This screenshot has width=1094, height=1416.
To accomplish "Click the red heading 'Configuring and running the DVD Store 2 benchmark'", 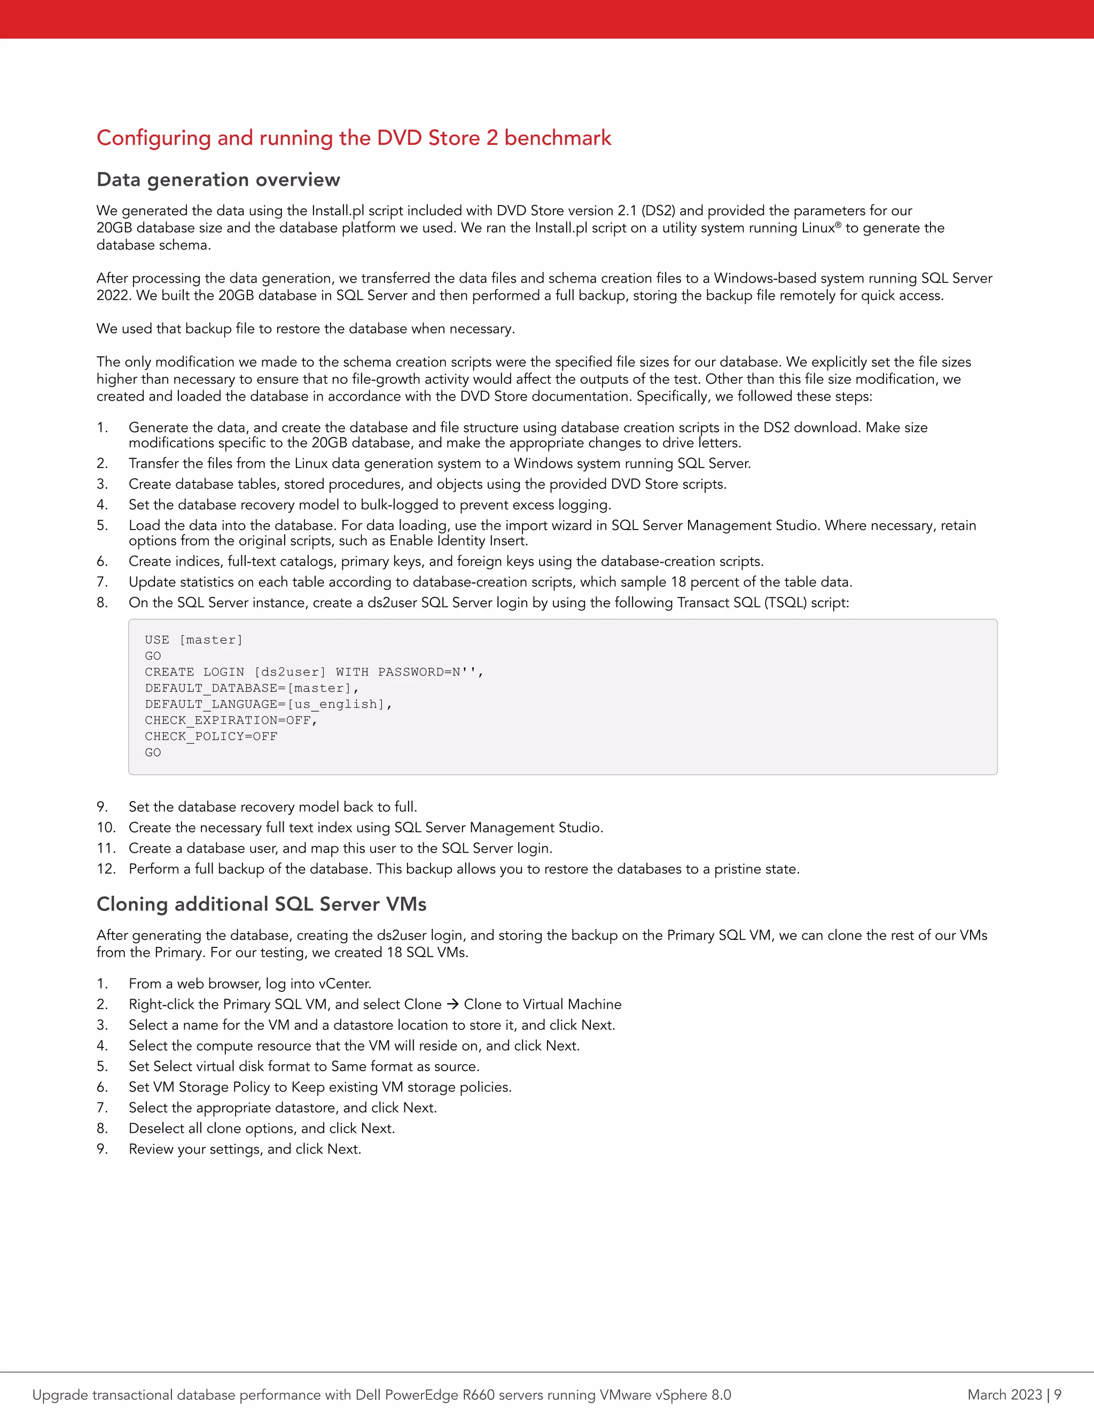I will (354, 138).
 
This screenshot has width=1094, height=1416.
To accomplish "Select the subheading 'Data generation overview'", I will (218, 180).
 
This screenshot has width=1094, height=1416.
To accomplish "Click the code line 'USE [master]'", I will (194, 640).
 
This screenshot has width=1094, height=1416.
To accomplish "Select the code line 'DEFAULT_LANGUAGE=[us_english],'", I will (268, 704).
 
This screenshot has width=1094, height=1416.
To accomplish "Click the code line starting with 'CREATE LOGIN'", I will (314, 672).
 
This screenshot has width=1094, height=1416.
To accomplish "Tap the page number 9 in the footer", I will (1058, 1395).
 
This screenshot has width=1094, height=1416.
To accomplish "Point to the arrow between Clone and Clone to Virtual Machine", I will (453, 1005).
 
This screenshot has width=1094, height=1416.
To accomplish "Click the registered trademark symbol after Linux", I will (839, 224).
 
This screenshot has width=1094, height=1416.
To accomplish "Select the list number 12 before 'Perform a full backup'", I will (106, 869).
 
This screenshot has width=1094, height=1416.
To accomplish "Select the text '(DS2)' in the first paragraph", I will (658, 211).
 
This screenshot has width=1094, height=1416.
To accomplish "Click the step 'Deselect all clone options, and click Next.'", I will (261, 1128).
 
